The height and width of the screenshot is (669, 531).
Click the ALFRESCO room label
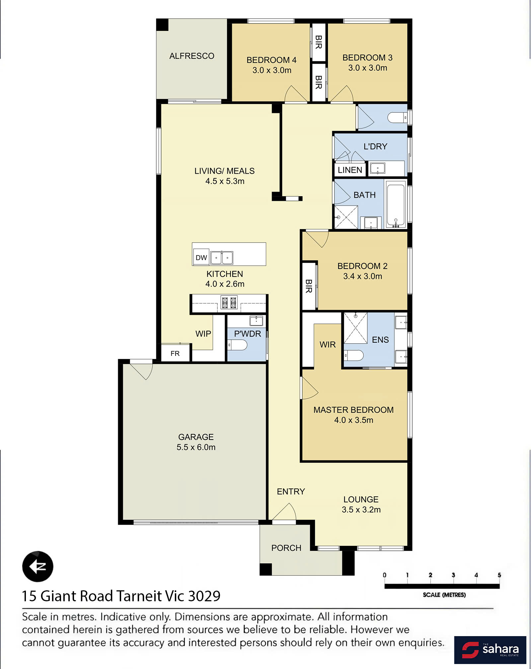[x=191, y=56]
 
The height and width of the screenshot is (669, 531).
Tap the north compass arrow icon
[x=38, y=566]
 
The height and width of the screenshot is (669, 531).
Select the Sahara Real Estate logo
[x=490, y=650]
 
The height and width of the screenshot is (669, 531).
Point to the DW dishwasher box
[x=201, y=257]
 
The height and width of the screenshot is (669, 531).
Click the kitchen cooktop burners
[x=229, y=302]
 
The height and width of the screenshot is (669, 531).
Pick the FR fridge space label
[x=175, y=354]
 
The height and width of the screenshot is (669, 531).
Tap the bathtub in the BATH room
[x=396, y=205]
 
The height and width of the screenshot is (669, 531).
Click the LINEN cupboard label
[x=350, y=170]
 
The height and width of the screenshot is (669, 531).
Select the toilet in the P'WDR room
[x=237, y=345]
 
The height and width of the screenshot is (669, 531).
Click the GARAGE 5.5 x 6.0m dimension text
[x=196, y=447]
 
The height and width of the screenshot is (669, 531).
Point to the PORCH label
[x=286, y=548]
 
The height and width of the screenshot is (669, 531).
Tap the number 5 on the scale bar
[x=499, y=575]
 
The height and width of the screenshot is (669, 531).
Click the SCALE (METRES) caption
[x=444, y=595]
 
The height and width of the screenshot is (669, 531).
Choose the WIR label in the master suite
[x=328, y=345]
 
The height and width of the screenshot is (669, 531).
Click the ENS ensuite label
[x=380, y=340]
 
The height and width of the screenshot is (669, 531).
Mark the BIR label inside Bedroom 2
[x=309, y=286]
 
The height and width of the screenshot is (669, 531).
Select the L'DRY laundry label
[x=375, y=146]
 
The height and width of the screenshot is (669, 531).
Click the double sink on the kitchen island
[x=222, y=258]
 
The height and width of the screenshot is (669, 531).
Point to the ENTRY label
[x=291, y=491]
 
